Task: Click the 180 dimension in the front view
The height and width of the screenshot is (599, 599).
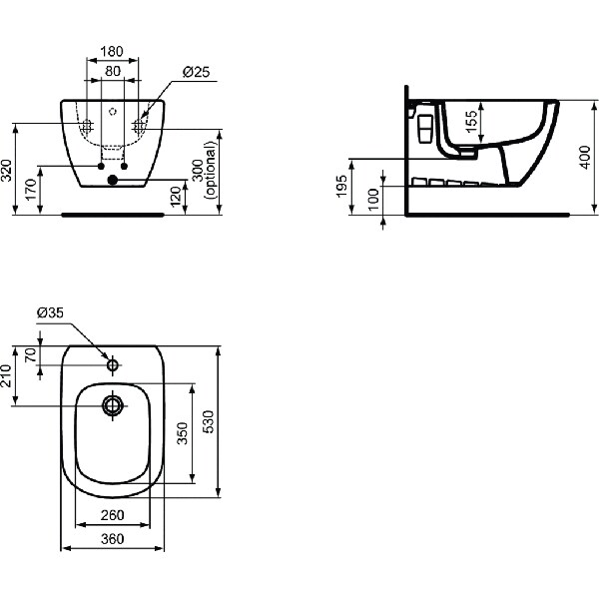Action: click(x=111, y=51)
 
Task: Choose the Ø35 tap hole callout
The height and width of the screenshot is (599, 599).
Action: click(x=50, y=312)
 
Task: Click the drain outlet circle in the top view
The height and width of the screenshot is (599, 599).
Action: click(x=112, y=405)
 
